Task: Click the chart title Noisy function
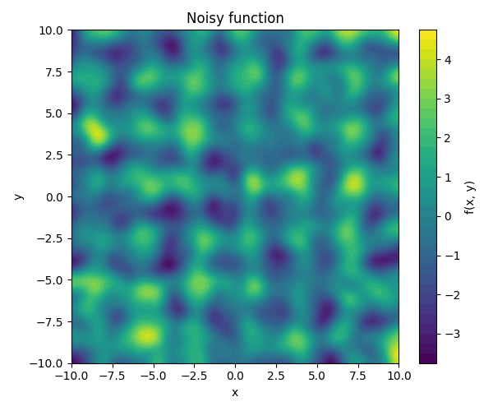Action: (x=235, y=18)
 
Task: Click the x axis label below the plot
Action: (x=235, y=393)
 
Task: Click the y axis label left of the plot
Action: (x=18, y=196)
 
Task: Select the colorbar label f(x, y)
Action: (x=470, y=196)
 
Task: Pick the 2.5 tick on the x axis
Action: (x=276, y=375)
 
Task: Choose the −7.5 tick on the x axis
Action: (x=112, y=375)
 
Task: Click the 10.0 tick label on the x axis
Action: (x=399, y=375)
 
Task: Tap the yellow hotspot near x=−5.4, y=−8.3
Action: (x=146, y=335)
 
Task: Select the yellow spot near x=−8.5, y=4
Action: (x=96, y=132)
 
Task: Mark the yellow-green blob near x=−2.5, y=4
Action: (x=194, y=132)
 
